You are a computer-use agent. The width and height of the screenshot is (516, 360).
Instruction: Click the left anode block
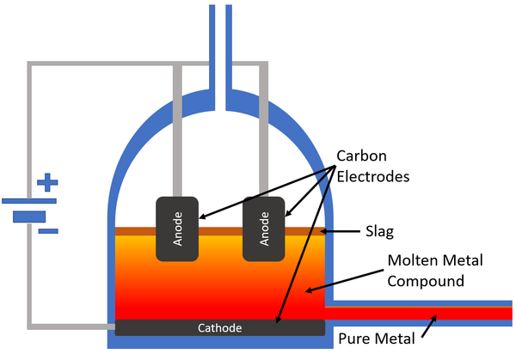[x=178, y=229]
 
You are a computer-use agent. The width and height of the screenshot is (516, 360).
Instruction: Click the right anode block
[x=264, y=229]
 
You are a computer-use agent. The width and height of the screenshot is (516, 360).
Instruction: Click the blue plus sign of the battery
[x=48, y=183]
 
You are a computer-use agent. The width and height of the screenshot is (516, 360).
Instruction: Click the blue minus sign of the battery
[x=48, y=230]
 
